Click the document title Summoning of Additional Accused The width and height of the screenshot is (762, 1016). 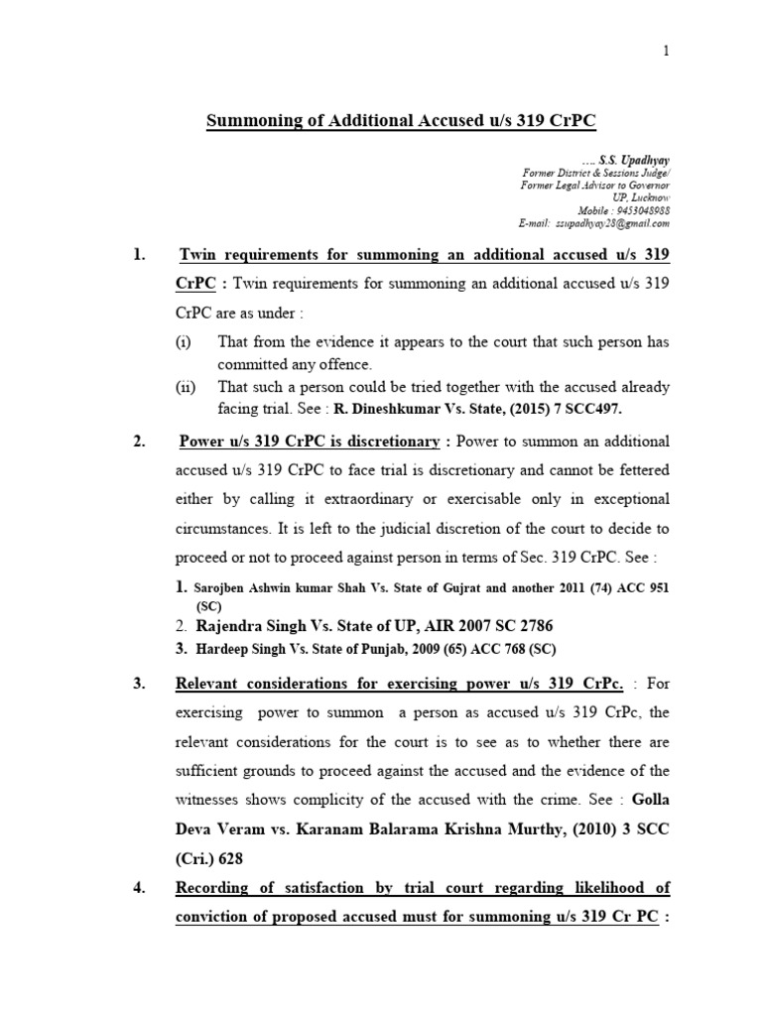401,121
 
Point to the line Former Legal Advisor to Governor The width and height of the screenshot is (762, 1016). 595,186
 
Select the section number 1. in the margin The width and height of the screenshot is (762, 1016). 140,256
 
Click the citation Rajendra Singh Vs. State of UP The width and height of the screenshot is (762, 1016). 302,626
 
